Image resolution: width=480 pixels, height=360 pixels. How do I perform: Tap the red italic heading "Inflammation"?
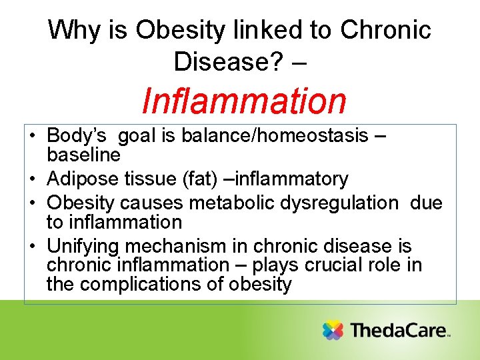click(245, 101)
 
